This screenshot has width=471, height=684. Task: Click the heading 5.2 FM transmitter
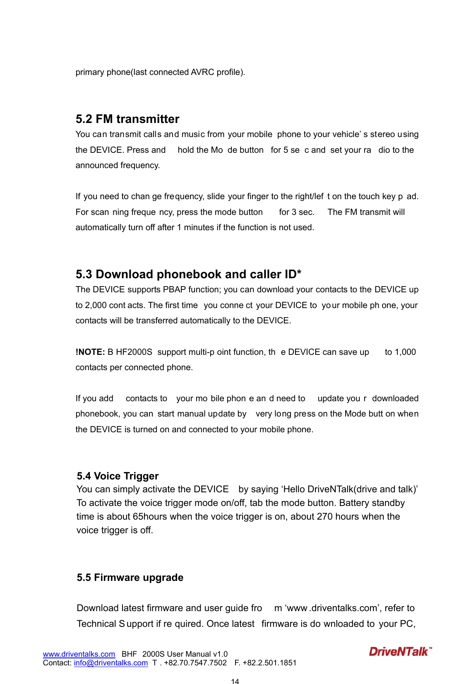click(127, 119)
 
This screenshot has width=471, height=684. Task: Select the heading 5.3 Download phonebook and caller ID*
click(188, 275)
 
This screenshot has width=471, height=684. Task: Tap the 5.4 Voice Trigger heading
click(118, 476)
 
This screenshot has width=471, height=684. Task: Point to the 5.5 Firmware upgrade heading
click(130, 578)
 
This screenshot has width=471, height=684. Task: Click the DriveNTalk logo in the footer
click(400, 652)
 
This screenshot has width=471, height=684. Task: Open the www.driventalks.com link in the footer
click(79, 654)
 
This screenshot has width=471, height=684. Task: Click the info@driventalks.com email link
click(111, 663)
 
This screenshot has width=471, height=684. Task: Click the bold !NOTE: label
click(90, 352)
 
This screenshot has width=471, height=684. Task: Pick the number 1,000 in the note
click(405, 352)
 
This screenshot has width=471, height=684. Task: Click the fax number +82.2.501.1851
click(269, 663)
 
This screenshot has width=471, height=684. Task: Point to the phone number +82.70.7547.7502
click(195, 663)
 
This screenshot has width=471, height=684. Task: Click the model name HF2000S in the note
click(134, 352)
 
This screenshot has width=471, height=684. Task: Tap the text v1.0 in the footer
click(220, 654)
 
